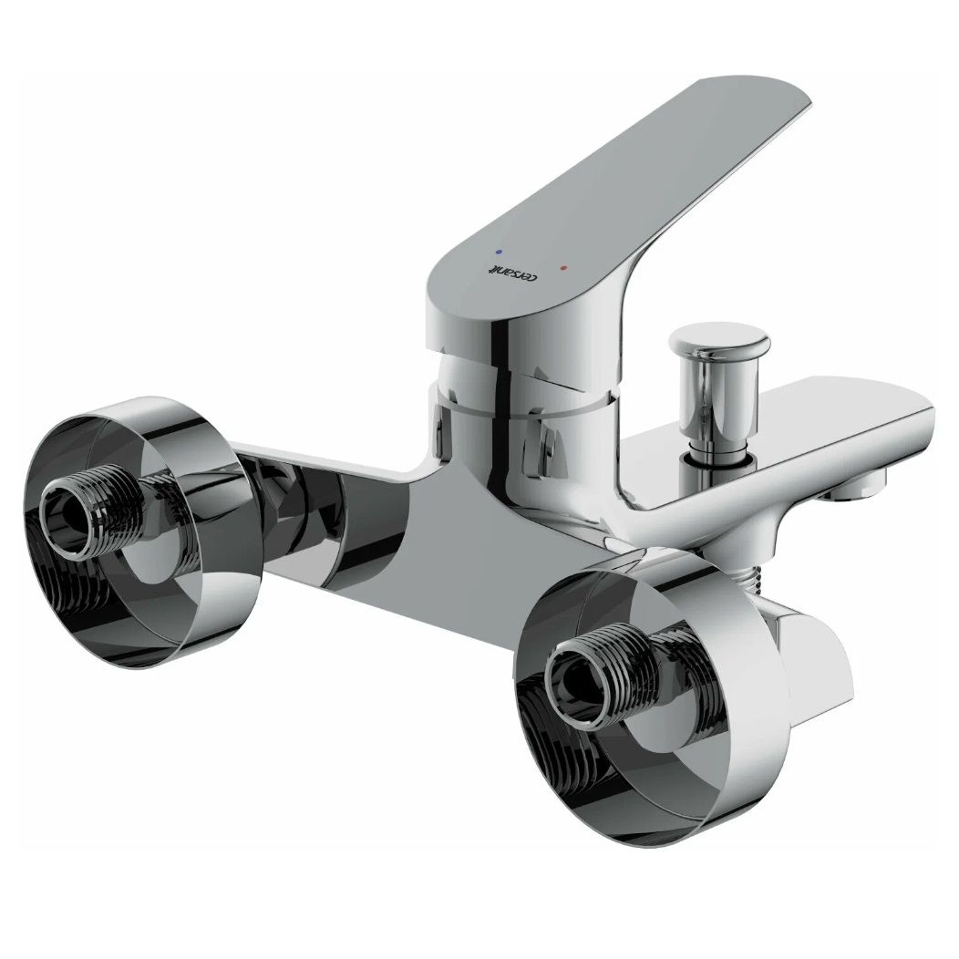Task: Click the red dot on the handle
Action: click(564, 268)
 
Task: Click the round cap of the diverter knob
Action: click(719, 338)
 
